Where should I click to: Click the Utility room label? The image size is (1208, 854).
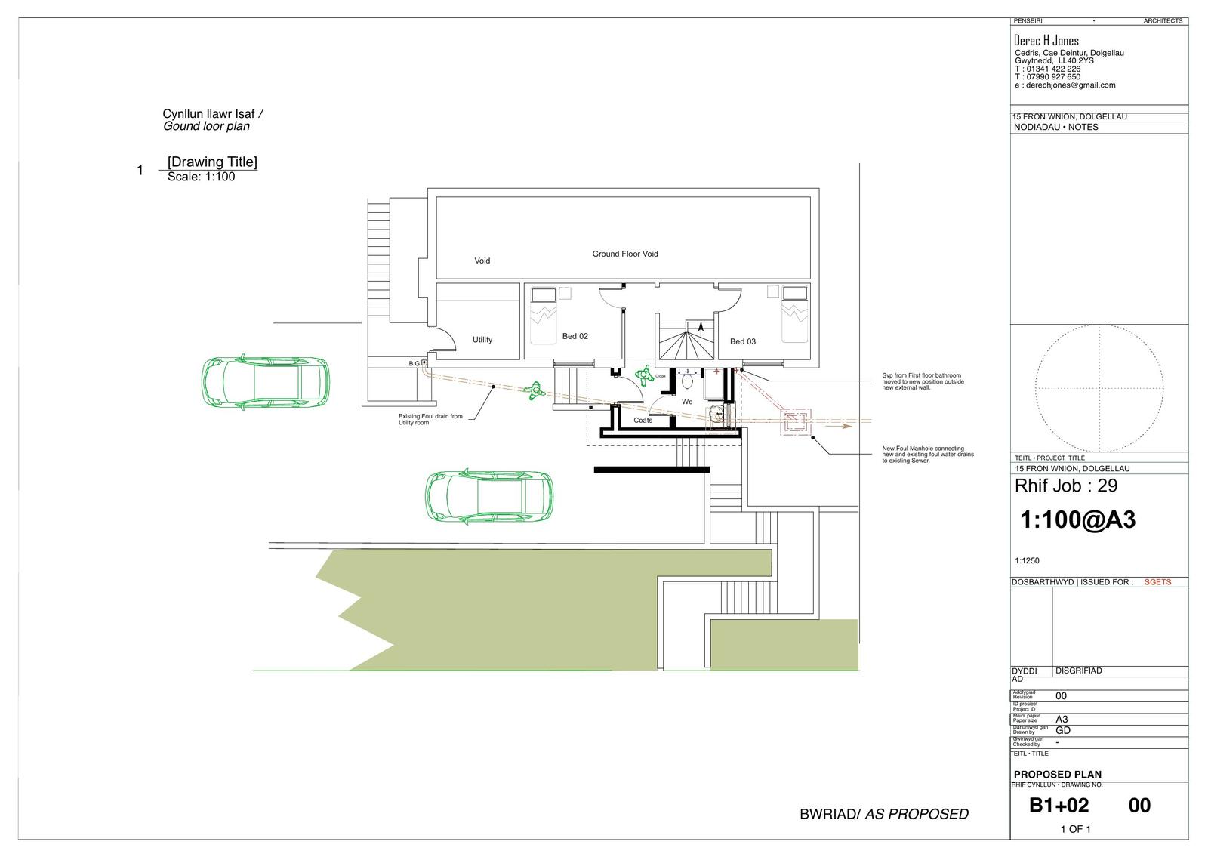click(482, 340)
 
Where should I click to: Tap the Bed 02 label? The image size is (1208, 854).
click(575, 336)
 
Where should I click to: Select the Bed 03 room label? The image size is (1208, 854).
click(742, 341)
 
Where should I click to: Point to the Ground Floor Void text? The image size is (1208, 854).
click(624, 254)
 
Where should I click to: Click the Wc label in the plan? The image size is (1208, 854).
click(687, 402)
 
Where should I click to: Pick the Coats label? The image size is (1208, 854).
click(643, 420)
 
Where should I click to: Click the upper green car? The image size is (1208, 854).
click(265, 381)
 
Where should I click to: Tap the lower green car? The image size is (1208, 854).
click(488, 497)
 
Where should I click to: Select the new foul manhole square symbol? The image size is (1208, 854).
click(796, 423)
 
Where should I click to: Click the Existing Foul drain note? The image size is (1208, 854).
click(430, 419)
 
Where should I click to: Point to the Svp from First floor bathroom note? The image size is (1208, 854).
click(923, 381)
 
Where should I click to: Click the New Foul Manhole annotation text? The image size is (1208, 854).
click(928, 454)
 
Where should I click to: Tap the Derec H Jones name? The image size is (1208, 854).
click(1046, 41)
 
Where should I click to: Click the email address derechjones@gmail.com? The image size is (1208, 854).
click(1070, 85)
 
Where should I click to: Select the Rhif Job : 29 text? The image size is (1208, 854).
click(1066, 486)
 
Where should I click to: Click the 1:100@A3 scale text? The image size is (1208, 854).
click(1077, 519)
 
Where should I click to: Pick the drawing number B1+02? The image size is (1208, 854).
click(1059, 806)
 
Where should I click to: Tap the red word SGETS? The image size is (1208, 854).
click(1157, 582)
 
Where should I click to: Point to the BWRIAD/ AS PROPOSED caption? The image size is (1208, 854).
click(883, 814)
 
